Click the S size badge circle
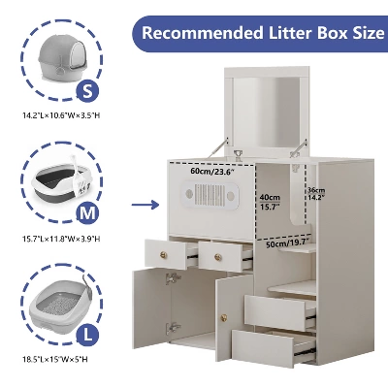[x=87, y=91]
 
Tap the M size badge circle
[x=87, y=213]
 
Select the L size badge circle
[x=87, y=335]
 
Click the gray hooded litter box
[x=61, y=58]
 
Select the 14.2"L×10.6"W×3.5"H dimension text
[x=61, y=115]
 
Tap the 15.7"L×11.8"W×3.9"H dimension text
[x=61, y=239]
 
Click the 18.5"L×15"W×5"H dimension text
[x=55, y=359]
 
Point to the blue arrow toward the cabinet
[x=145, y=205]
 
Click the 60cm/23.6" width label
[x=212, y=172]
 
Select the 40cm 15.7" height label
[x=270, y=202]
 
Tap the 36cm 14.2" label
[x=316, y=194]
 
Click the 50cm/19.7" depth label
[x=288, y=242]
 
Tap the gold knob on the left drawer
[x=164, y=254]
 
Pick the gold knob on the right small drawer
[x=218, y=257]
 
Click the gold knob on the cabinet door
[x=223, y=316]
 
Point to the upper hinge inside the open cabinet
[x=173, y=278]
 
